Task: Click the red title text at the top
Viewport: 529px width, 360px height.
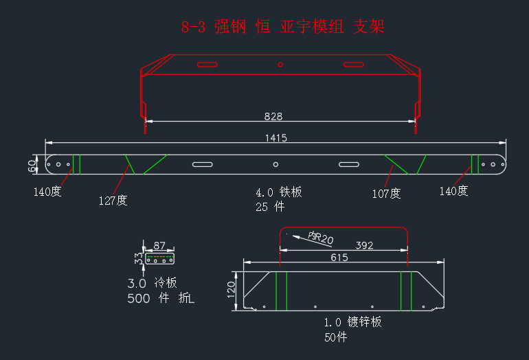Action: click(x=283, y=27)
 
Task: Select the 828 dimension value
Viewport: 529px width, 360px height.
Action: click(x=273, y=116)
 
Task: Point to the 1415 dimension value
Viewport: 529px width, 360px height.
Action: click(x=276, y=138)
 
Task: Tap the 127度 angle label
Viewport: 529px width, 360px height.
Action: click(x=113, y=201)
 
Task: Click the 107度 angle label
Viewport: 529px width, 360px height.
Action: click(x=386, y=194)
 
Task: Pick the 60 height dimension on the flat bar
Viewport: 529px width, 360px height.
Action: click(x=32, y=166)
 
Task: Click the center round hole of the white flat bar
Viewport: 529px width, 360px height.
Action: click(x=275, y=164)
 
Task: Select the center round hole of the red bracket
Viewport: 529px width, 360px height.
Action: click(x=280, y=65)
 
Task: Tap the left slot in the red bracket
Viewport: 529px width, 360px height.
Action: click(x=207, y=65)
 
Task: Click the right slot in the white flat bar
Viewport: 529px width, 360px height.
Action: click(x=349, y=164)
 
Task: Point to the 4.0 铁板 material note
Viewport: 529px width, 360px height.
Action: click(x=279, y=192)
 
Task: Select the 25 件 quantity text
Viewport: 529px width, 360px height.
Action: click(x=270, y=207)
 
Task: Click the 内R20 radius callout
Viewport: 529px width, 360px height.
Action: click(x=321, y=238)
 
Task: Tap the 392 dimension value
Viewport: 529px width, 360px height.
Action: click(x=364, y=245)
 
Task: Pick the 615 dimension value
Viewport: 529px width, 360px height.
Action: click(x=339, y=258)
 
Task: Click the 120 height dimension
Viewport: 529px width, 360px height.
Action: click(x=231, y=289)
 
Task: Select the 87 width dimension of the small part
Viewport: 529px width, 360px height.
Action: click(x=159, y=245)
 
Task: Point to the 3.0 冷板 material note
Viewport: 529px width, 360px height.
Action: click(x=152, y=283)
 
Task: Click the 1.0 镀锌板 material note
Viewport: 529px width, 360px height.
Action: click(x=353, y=322)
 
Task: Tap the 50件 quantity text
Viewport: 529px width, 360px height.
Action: click(x=336, y=337)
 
